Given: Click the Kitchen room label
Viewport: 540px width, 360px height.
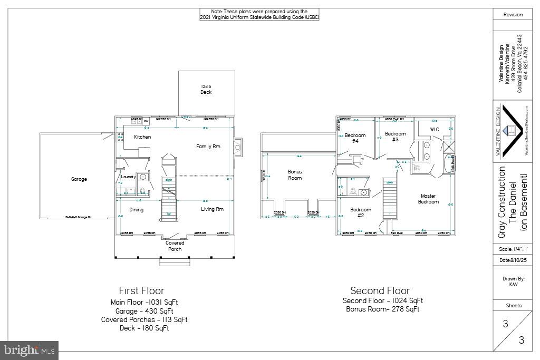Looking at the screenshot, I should click(142, 137).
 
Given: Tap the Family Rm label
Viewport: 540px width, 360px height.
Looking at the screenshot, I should click(208, 146).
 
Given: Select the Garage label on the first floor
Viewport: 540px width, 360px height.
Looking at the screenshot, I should click(79, 179).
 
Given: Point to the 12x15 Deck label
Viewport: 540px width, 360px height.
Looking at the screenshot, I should click(206, 89).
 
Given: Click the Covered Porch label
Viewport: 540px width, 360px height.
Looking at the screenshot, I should click(175, 246).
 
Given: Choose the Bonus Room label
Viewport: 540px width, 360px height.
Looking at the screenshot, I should click(295, 175).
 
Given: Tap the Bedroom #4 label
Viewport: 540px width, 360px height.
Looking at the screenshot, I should click(355, 138).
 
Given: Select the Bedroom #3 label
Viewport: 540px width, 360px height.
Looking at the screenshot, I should click(395, 137).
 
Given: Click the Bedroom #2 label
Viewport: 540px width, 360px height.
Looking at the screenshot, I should click(361, 212).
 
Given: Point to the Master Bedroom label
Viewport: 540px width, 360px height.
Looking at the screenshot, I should click(428, 199).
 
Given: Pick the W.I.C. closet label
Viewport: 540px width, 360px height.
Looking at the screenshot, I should click(435, 129).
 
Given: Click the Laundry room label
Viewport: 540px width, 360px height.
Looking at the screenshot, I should click(128, 177).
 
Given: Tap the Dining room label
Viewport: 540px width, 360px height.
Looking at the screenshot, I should click(136, 210).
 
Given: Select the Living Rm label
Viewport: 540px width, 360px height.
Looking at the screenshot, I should click(212, 209).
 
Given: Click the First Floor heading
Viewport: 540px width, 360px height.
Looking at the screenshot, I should click(141, 290).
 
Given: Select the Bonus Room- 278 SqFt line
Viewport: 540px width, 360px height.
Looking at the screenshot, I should click(382, 309).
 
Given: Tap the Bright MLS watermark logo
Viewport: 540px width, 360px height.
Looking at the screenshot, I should click(30, 349).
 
